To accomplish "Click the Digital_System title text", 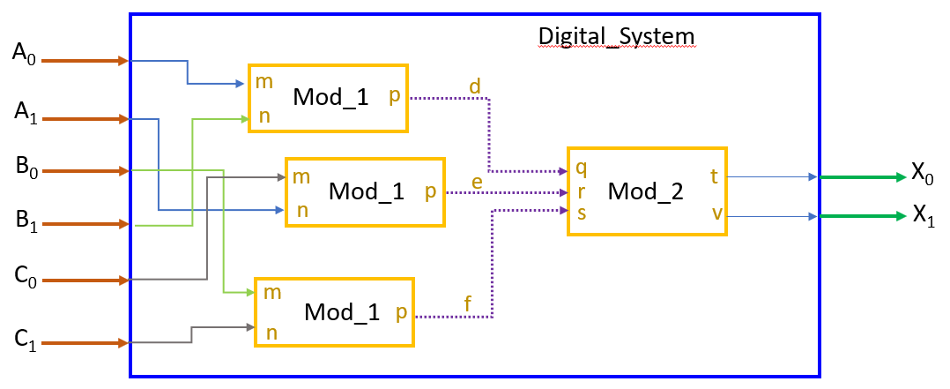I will coord(616,36).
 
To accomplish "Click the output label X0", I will coord(924,172).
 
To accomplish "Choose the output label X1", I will coord(924,215).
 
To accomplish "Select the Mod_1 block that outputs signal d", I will coord(329,98).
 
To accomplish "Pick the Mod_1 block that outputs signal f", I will coord(334,312).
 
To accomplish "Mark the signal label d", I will coord(475,86).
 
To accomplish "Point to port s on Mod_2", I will coord(581,213).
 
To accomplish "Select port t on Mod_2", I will coord(714,176).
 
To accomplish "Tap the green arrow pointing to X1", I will coord(863,216).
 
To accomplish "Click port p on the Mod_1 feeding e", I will coord(430,191).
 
